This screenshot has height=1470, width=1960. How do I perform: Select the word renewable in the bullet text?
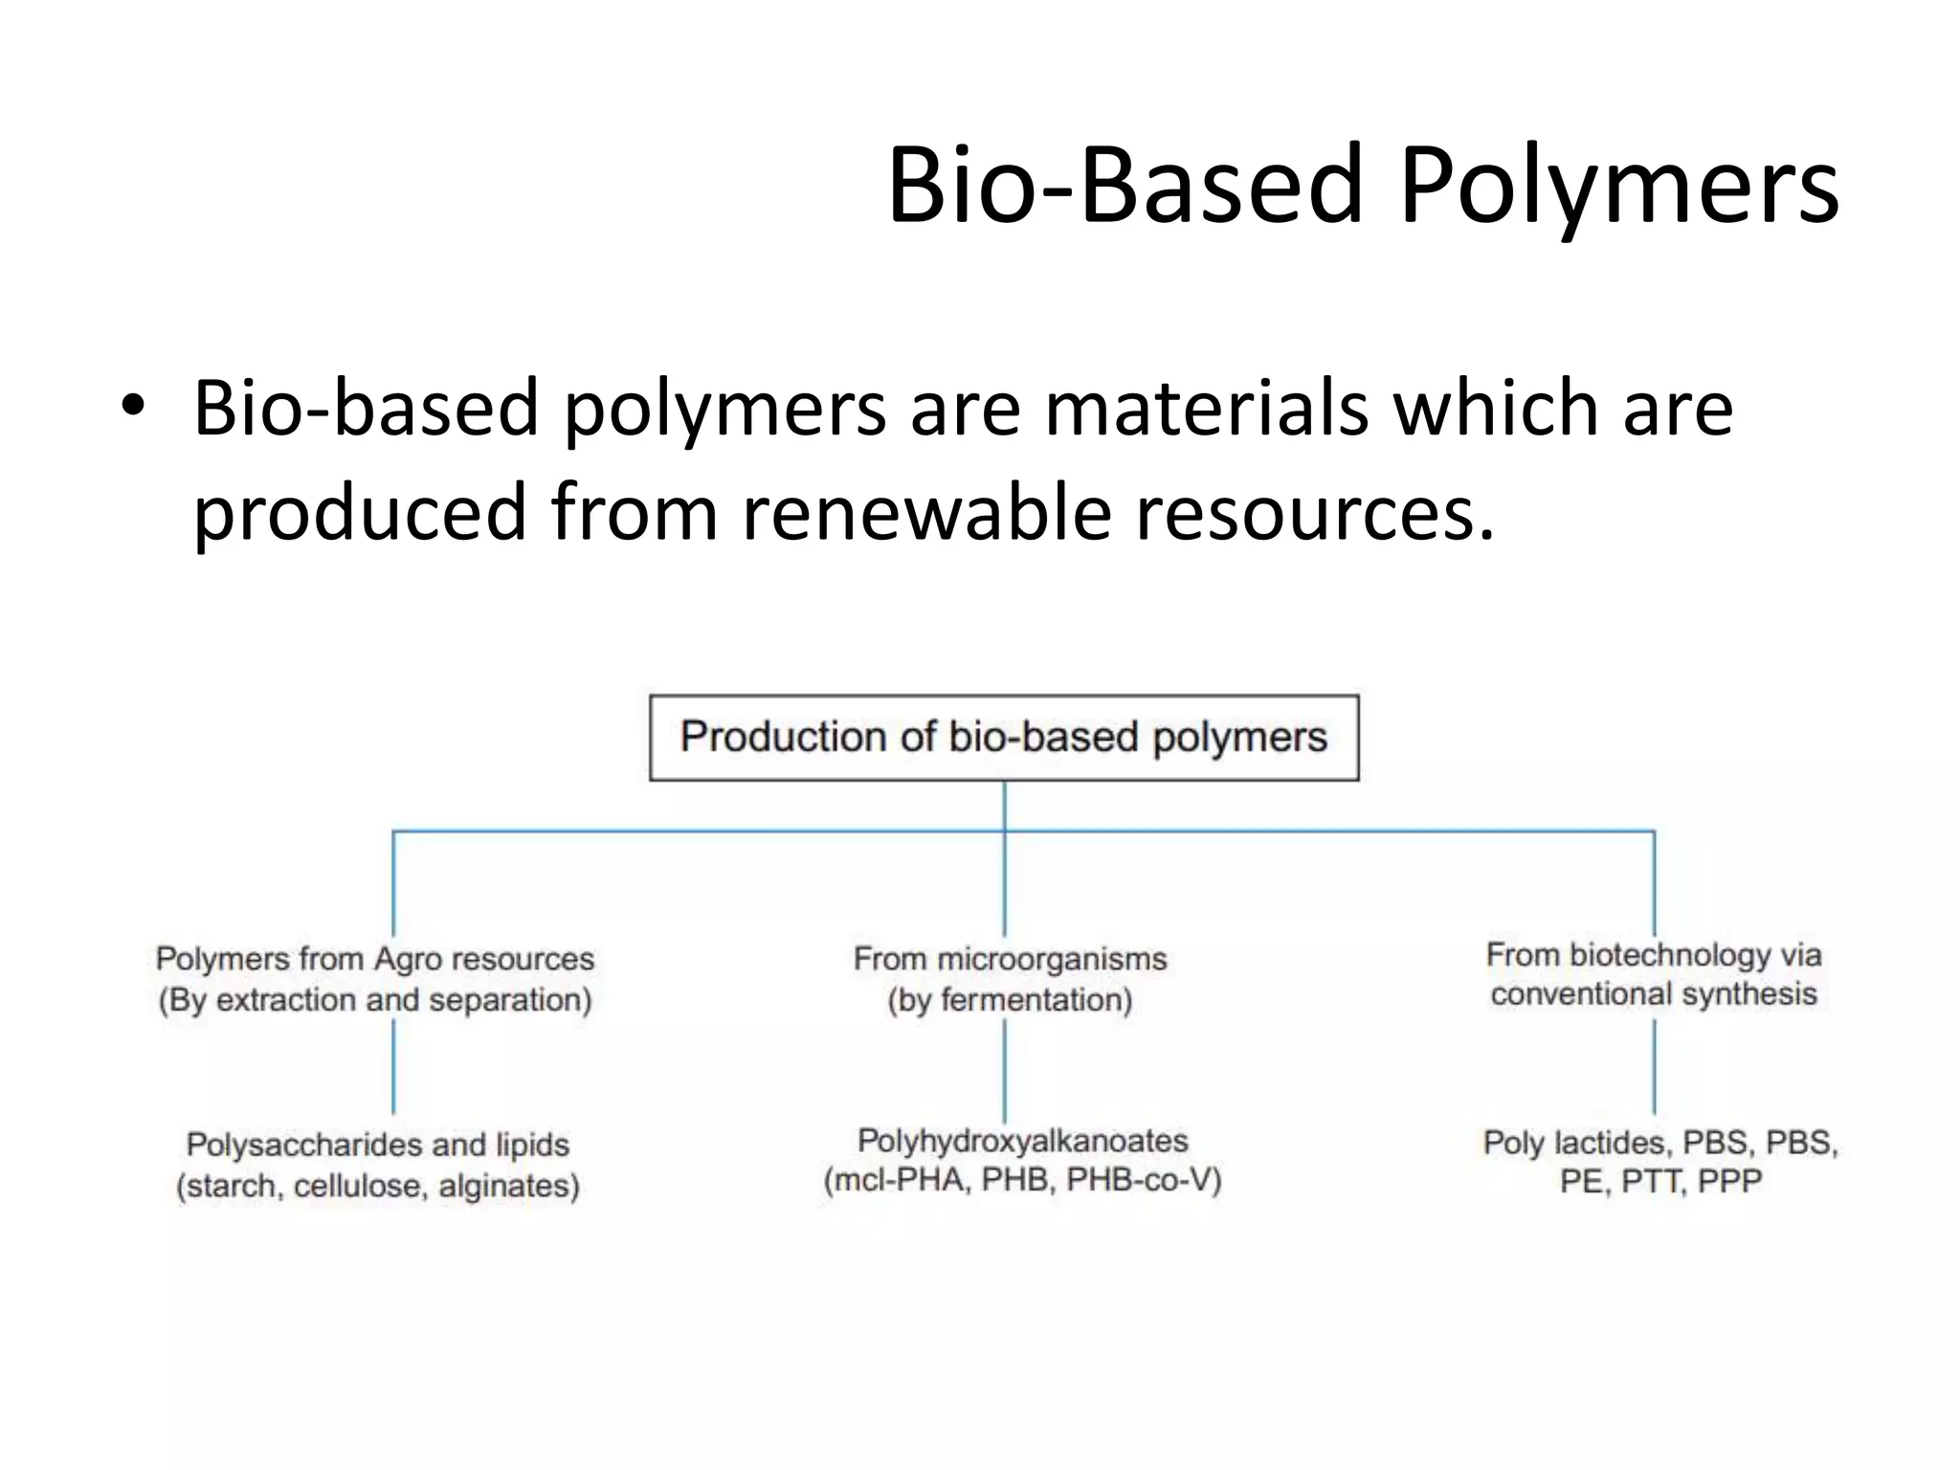click(x=925, y=511)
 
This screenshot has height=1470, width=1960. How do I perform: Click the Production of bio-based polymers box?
click(x=1004, y=738)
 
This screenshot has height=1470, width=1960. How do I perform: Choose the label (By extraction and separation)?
click(x=375, y=1000)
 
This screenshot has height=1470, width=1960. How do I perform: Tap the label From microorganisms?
click(x=1010, y=959)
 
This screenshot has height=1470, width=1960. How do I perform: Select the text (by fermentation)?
click(x=1010, y=1000)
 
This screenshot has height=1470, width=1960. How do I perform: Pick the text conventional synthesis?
click(x=1654, y=994)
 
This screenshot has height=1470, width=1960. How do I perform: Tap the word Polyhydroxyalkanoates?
click(x=1022, y=1141)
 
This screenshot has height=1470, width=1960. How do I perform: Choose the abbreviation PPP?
click(x=1729, y=1182)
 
